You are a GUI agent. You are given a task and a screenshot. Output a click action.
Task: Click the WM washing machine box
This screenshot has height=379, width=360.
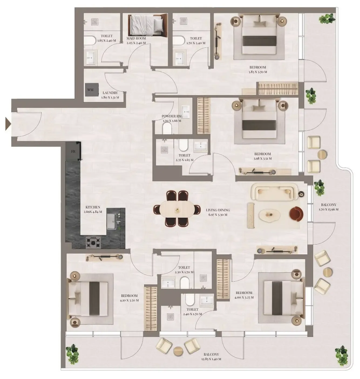tap(90, 90)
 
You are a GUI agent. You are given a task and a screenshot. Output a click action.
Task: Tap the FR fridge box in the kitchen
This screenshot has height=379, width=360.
tap(73, 152)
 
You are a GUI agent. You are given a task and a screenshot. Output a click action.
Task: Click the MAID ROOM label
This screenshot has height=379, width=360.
tap(136, 38)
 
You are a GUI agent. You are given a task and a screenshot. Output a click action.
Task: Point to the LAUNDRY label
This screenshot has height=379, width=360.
tap(110, 93)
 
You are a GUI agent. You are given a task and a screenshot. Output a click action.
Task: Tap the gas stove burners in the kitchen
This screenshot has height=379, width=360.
tap(93, 242)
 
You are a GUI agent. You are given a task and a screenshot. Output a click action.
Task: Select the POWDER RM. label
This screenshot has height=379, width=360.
tap(172, 116)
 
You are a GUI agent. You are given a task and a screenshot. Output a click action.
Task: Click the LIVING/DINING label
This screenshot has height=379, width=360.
tap(218, 210)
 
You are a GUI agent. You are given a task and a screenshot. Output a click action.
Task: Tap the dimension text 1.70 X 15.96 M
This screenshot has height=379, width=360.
tap(328, 209)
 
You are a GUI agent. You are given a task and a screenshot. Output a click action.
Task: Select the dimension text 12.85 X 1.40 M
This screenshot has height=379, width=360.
tap(211, 359)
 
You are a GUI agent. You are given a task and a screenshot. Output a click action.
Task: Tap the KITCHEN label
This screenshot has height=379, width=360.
tap(93, 207)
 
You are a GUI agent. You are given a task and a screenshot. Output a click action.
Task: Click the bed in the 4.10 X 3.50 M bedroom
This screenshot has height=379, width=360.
tap(89, 298)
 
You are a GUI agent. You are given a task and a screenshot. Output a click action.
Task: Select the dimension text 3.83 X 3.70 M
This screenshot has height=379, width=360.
tap(258, 72)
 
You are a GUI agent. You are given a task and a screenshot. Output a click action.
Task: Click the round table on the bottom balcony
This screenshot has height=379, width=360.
tap(178, 351)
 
